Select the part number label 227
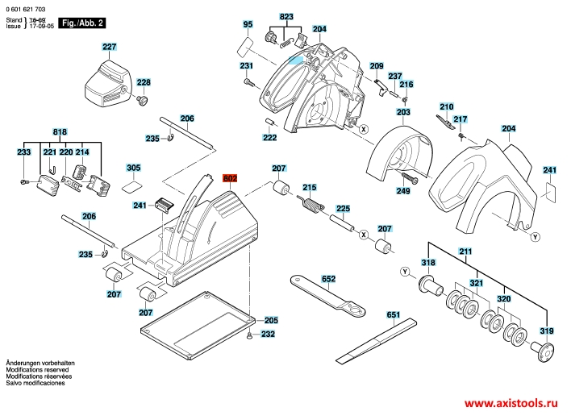click(109, 48)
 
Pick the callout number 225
click(343, 208)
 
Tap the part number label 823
click(287, 17)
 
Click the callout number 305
click(133, 168)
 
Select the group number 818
click(60, 131)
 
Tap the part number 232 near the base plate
click(268, 334)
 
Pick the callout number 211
click(465, 253)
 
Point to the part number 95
click(248, 25)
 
